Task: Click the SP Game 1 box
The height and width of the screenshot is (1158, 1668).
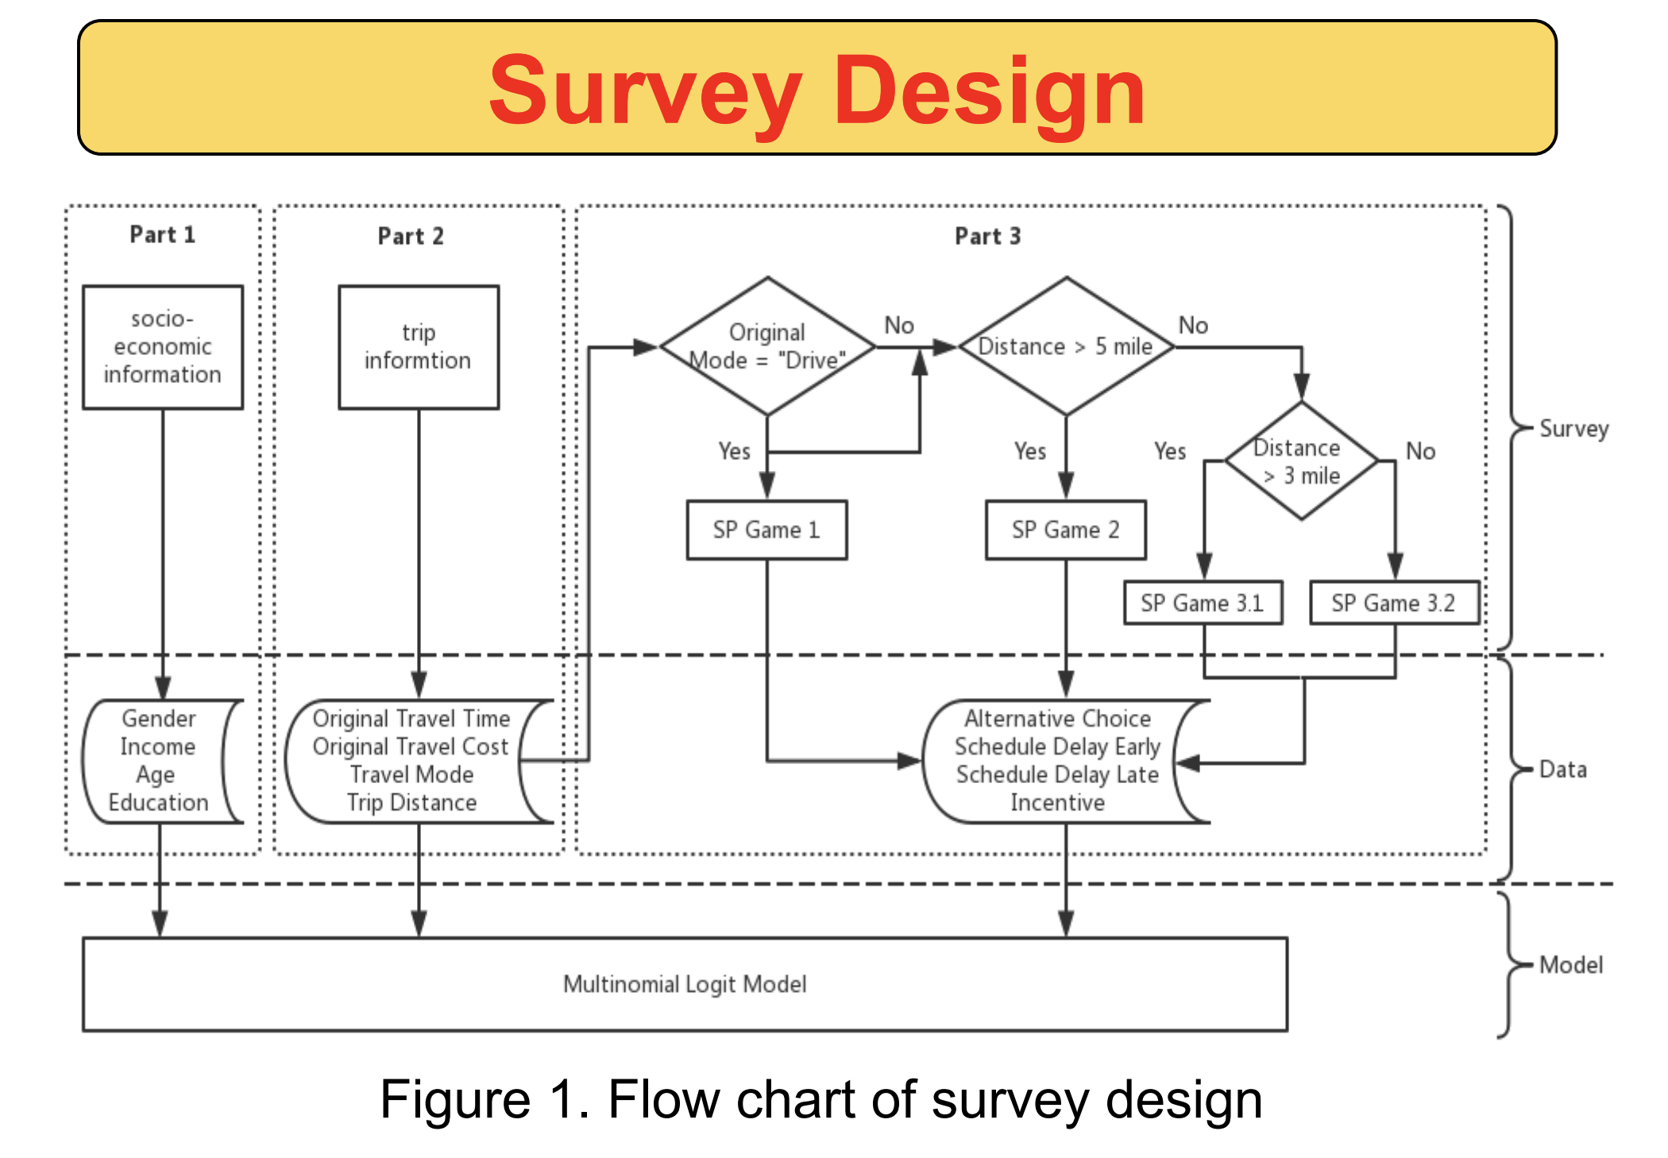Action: click(x=766, y=530)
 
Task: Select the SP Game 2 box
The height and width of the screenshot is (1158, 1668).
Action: click(x=1065, y=530)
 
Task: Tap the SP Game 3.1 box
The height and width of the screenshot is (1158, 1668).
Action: click(x=1203, y=603)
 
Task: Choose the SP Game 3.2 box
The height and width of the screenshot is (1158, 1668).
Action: click(x=1394, y=603)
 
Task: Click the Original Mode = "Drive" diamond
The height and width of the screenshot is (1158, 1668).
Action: click(x=767, y=346)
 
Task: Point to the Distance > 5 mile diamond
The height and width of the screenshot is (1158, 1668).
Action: click(x=1066, y=346)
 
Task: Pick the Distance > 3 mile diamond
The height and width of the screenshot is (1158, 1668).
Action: click(x=1301, y=461)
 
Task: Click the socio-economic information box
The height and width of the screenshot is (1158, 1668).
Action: click(x=163, y=347)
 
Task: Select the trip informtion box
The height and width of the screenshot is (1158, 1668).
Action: click(x=419, y=347)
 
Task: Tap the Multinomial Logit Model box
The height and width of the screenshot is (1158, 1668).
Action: click(x=685, y=984)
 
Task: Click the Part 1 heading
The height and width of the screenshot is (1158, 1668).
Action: click(x=163, y=235)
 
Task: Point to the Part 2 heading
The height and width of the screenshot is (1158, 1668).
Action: click(x=411, y=237)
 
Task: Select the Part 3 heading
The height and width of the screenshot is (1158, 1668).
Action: click(x=987, y=237)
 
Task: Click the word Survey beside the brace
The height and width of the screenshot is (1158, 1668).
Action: click(x=1573, y=429)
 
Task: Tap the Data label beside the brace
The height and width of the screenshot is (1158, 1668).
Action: click(x=1562, y=770)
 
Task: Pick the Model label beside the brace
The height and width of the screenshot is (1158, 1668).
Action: click(x=1570, y=965)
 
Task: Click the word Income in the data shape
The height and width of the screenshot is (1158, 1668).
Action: click(x=158, y=747)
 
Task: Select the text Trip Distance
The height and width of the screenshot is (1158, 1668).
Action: click(x=411, y=803)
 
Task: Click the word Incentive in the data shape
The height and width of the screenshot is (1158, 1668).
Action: click(x=1057, y=803)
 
